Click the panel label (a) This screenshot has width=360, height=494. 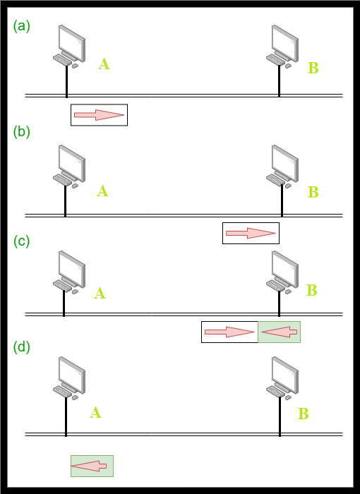tap(21, 26)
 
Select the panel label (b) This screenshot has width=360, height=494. tap(21, 132)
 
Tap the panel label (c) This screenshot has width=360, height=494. tap(21, 241)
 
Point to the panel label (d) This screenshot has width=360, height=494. tap(21, 347)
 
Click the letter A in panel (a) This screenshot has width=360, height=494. tap(104, 64)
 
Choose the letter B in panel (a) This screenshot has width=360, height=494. tap(313, 68)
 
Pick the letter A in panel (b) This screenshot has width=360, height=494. tap(102, 191)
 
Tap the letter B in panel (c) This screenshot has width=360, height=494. tap(312, 290)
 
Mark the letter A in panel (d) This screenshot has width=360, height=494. tap(95, 412)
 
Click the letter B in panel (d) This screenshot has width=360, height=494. tap(304, 414)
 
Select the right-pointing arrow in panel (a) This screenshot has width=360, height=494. tap(99, 115)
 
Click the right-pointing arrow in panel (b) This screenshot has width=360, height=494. tap(251, 233)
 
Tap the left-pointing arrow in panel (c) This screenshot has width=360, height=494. tap(280, 332)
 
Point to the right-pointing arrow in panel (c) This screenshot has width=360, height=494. tap(229, 332)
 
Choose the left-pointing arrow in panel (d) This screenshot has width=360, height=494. tap(89, 466)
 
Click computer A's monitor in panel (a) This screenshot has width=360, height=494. tap(71, 43)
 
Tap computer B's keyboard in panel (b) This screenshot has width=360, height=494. tap(275, 179)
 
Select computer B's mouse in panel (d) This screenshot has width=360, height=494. tap(288, 397)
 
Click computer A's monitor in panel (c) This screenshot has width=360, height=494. tap(71, 269)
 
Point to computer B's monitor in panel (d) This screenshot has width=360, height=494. tap(285, 375)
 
